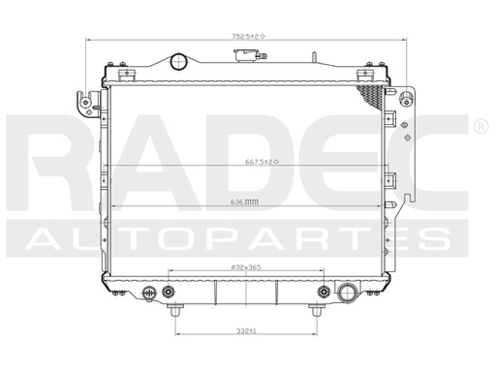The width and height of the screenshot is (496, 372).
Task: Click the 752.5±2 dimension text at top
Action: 248,35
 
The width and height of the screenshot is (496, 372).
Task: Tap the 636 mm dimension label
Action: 245,201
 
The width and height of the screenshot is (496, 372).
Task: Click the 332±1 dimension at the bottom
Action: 246,331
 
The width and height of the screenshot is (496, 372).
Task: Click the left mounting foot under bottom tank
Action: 174,311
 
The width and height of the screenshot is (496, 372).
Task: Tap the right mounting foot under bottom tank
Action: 317,311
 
